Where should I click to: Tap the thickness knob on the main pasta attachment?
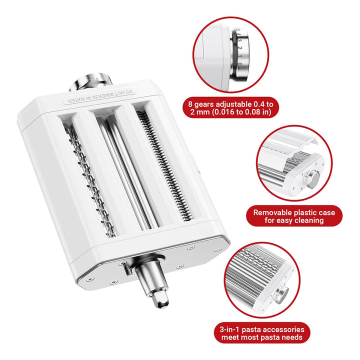[x=90, y=82]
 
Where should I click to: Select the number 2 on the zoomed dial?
[x=239, y=48]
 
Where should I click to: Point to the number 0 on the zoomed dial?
[x=239, y=64]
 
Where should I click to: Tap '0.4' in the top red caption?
[x=259, y=104]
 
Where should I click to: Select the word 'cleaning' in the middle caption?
[x=309, y=220]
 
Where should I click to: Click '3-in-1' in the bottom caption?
[x=229, y=329]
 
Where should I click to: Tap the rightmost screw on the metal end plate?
[x=218, y=249]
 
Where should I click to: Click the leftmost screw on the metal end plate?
[x=90, y=279]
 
